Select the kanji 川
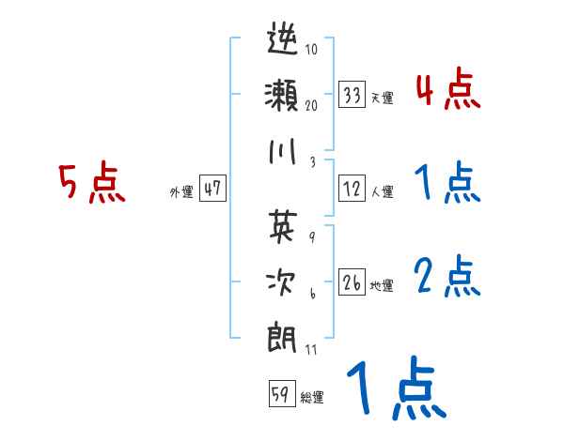coord(283,152)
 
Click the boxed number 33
coord(352,95)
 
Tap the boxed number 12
coord(352,189)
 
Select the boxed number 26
coord(352,282)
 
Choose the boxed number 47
coord(212,189)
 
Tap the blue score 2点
coord(447,277)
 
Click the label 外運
coord(181,191)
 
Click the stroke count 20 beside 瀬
coord(312,105)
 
